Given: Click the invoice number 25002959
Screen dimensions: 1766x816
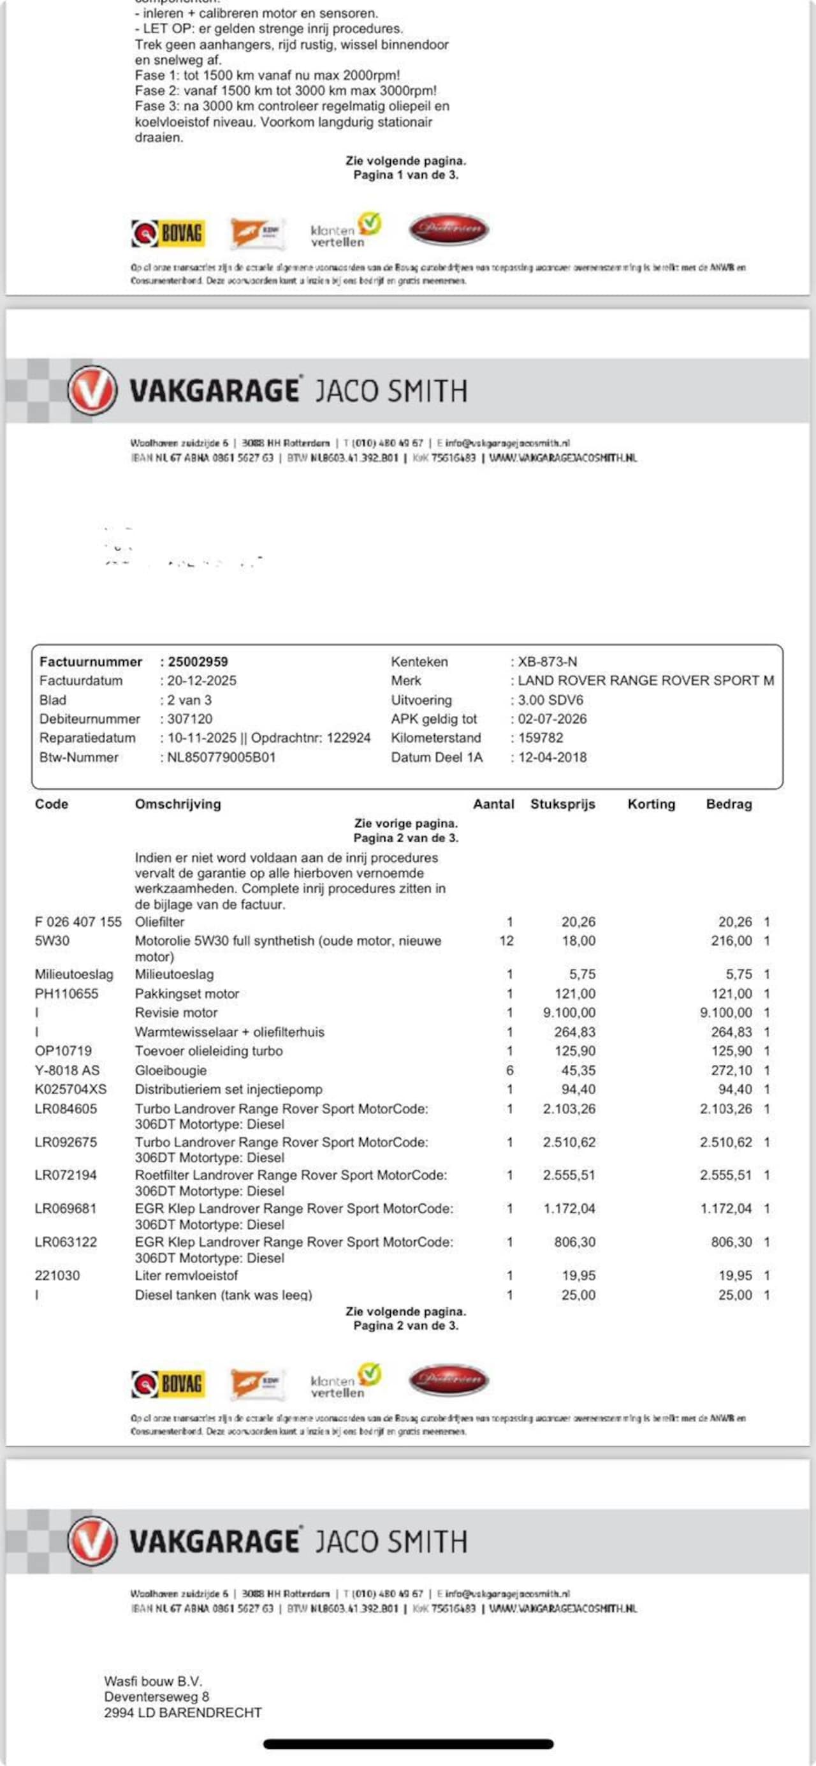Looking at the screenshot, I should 198,662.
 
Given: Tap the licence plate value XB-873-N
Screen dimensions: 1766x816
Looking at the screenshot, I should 547,662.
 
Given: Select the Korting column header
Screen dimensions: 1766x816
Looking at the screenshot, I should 651,804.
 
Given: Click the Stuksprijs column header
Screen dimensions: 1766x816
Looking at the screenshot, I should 562,804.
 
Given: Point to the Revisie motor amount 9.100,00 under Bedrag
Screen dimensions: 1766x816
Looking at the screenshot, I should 725,1013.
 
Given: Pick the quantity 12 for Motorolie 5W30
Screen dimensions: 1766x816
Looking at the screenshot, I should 506,940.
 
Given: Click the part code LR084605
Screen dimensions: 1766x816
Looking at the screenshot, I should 66,1109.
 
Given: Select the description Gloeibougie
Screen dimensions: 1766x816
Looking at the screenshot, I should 171,1070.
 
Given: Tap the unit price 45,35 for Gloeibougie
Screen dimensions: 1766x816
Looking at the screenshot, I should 578,1070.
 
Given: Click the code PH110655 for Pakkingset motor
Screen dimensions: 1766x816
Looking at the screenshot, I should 66,993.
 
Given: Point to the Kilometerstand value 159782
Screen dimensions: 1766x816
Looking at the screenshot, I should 541,738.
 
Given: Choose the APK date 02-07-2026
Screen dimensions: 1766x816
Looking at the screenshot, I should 552,718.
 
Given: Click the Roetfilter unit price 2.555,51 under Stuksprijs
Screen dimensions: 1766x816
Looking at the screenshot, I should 569,1175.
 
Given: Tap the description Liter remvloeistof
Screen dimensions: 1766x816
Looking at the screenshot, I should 186,1275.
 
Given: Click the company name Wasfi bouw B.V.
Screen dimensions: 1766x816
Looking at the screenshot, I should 153,1681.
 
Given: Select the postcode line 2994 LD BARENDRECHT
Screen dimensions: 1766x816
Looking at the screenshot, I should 183,1712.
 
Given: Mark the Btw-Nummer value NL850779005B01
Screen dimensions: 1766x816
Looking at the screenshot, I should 221,757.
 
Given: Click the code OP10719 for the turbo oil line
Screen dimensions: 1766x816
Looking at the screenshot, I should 63,1051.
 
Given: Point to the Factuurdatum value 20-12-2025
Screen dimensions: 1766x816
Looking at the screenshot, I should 201,680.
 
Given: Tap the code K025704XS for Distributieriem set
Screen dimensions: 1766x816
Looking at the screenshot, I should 71,1089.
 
